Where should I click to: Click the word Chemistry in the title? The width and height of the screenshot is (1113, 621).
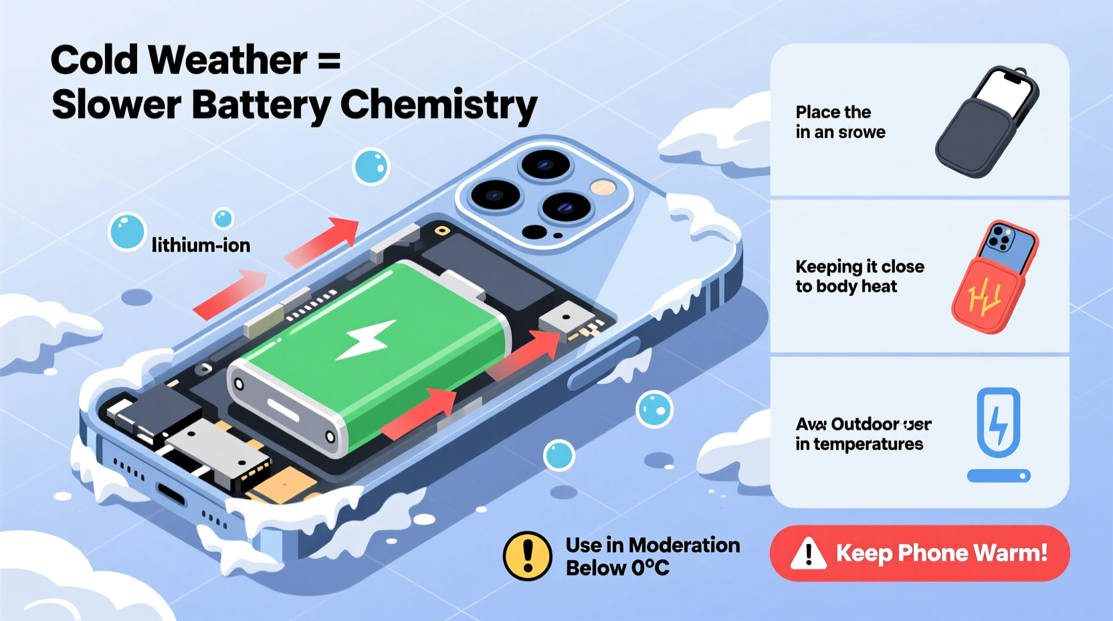tap(438, 106)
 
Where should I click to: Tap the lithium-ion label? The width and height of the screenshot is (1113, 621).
tap(201, 246)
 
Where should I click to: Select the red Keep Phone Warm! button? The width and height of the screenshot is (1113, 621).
tap(920, 553)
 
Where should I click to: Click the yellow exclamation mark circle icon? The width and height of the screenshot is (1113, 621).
tap(527, 556)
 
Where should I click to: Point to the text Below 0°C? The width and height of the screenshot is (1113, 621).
tap(617, 569)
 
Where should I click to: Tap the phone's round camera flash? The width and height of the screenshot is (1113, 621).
tap(603, 187)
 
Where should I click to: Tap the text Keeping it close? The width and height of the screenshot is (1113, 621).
tap(859, 266)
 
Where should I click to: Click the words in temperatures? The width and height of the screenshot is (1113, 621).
tap(859, 444)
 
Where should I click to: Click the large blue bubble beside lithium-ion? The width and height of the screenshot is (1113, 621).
tap(126, 232)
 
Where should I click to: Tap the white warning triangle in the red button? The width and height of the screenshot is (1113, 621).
tap(808, 554)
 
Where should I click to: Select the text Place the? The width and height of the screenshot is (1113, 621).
tap(833, 112)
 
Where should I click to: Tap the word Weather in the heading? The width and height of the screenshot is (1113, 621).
tap(227, 60)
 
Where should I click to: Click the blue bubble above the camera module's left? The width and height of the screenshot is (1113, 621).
tap(371, 166)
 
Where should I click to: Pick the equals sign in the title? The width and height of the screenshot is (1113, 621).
tap(328, 62)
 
